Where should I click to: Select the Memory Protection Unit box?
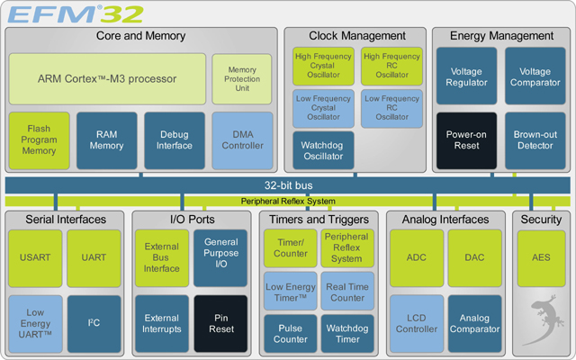[240, 78]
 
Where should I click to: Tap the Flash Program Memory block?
[39, 139]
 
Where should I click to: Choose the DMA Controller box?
[242, 139]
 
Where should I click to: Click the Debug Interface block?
[175, 139]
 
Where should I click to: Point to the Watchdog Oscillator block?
[323, 150]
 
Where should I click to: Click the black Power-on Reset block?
[466, 139]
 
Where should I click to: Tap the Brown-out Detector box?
[535, 139]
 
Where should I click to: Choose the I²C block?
[94, 322]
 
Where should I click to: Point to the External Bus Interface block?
[162, 257]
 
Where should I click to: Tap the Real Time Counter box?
[346, 291]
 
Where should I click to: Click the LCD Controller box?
[417, 322]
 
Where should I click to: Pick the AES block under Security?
[541, 257]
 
